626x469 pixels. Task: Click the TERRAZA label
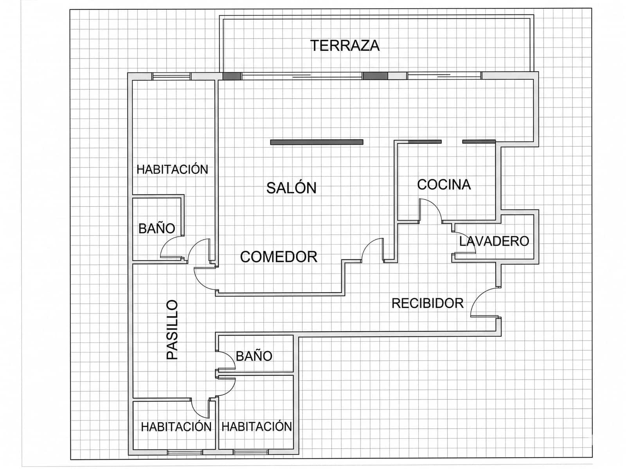click(345, 46)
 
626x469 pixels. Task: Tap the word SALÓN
click(291, 188)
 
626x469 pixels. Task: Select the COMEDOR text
click(279, 257)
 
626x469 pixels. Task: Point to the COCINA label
click(444, 185)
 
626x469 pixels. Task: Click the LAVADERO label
click(494, 241)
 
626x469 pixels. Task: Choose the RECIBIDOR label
click(427, 303)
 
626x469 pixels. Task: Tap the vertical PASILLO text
click(172, 330)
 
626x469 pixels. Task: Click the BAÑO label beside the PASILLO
click(254, 356)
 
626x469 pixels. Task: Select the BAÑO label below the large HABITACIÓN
click(156, 228)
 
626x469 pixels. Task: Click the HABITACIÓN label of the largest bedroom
click(172, 169)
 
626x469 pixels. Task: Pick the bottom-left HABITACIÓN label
click(176, 426)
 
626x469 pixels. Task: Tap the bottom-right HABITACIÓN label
click(257, 426)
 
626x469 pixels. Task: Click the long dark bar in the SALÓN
click(317, 142)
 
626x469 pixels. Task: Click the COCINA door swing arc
click(432, 209)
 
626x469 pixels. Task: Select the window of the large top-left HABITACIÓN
click(171, 76)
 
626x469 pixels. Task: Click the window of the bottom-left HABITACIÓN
click(185, 452)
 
